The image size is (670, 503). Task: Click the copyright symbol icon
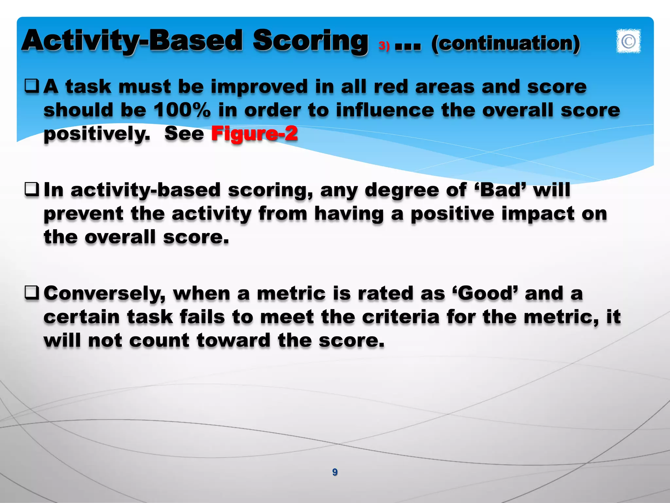(x=628, y=41)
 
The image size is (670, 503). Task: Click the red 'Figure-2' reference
(x=254, y=134)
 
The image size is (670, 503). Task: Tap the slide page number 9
(x=335, y=472)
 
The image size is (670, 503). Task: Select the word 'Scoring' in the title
(x=310, y=41)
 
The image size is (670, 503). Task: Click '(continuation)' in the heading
(x=505, y=43)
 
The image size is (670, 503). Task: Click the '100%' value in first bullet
(x=182, y=110)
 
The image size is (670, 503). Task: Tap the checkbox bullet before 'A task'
(x=32, y=86)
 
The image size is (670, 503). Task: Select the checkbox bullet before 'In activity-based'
(x=32, y=190)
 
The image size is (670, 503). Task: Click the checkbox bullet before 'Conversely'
(x=32, y=293)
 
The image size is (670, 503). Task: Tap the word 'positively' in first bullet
(x=97, y=134)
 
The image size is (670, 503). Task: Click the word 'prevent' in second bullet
(x=83, y=214)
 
